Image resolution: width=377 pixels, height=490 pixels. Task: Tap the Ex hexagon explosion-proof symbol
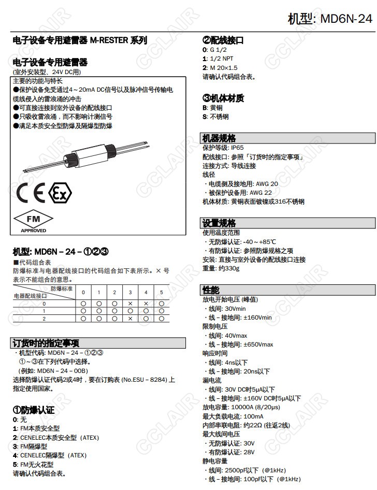pos(60,193)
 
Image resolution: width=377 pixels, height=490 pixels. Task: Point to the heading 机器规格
pos(219,138)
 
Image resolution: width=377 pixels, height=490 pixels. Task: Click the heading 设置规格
pos(219,223)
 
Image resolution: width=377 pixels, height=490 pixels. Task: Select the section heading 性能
pos(211,290)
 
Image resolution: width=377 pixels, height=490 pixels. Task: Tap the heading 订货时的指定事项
pos(46,343)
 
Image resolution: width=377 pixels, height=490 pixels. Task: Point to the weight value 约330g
pos(228,268)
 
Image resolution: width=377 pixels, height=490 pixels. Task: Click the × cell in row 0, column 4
pos(146,304)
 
